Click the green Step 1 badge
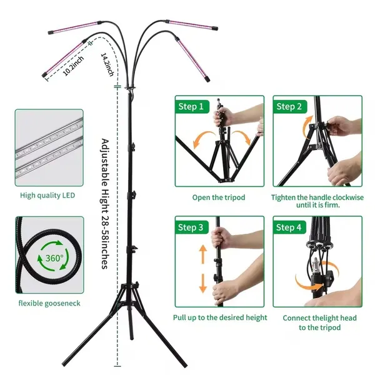[192, 106]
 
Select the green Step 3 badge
[192, 227]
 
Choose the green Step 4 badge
[290, 227]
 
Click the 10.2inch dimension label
[73, 66]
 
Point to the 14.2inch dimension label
[107, 64]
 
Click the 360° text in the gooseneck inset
[54, 258]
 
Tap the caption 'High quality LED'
[47, 196]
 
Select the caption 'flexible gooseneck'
[49, 304]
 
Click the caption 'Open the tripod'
[219, 197]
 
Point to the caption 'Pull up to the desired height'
[220, 317]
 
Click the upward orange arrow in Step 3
[203, 254]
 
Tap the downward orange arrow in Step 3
[203, 283]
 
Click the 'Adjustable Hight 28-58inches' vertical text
[105, 204]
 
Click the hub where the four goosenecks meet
[131, 88]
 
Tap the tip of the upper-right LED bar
[216, 29]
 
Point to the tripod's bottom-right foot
[185, 366]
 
